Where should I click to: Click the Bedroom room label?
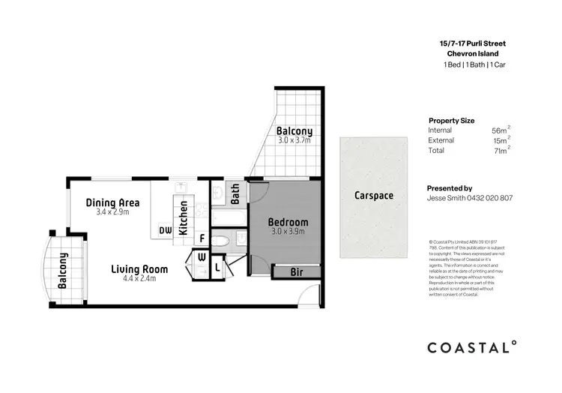pos(288,222)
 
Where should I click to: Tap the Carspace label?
pos(375,196)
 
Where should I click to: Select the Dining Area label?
pos(112,202)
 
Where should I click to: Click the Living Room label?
pos(139,268)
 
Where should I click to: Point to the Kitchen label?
pos(183,217)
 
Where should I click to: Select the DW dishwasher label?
pos(165,231)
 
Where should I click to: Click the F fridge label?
pos(202,239)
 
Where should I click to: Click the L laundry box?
pos(217,266)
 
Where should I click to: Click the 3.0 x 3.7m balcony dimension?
pos(294,141)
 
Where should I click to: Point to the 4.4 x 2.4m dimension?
pos(139,279)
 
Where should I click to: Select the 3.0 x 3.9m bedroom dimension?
pos(288,232)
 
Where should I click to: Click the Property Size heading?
pos(451,120)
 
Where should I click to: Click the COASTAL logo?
pos(471,347)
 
